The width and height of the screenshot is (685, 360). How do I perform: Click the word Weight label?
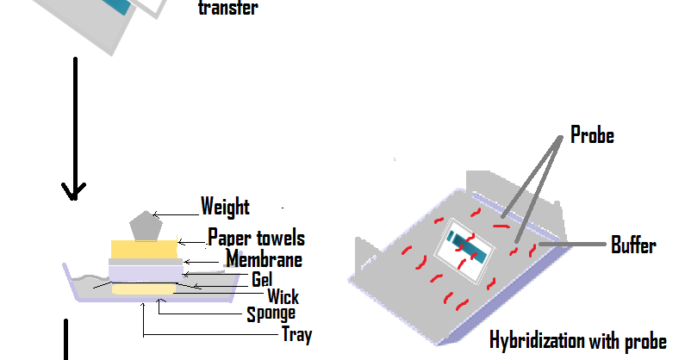[x=225, y=207]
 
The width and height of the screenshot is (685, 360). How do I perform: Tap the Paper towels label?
[x=256, y=238]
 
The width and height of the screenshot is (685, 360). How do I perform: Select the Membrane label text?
[x=264, y=258]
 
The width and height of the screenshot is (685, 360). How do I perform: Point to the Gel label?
[x=262, y=279]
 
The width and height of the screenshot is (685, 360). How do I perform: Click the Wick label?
[x=283, y=296]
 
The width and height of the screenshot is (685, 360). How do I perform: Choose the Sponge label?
[x=271, y=314]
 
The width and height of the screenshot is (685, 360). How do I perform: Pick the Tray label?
[x=297, y=335]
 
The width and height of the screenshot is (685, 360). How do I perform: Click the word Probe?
[x=593, y=135]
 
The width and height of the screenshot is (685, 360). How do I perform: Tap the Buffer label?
[x=633, y=245]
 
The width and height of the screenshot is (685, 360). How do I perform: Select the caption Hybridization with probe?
[x=578, y=341]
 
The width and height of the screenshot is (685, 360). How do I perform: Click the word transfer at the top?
[x=228, y=8]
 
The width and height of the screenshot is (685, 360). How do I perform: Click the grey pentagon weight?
[x=146, y=226]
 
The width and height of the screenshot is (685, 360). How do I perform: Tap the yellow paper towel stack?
[x=144, y=250]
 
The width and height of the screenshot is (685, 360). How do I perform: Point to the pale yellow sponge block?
[x=144, y=289]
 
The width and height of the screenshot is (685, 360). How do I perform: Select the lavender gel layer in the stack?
[x=146, y=274]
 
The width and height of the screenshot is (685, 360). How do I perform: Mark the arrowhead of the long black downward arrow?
[x=74, y=191]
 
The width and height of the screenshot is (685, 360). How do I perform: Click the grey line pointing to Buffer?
[x=572, y=245]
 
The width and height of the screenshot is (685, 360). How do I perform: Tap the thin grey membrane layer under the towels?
[x=146, y=262]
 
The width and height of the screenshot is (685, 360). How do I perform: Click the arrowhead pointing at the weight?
[x=155, y=214]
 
